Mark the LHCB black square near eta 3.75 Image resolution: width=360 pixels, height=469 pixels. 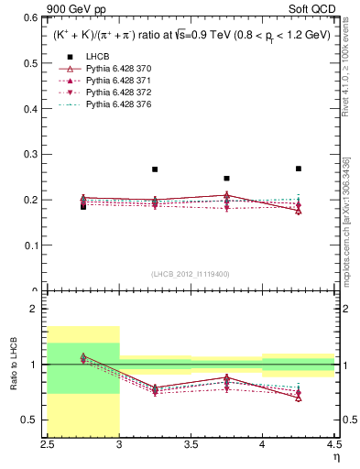pyautogui.click(x=227, y=179)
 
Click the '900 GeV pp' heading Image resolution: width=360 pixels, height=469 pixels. pyautogui.click(x=71, y=7)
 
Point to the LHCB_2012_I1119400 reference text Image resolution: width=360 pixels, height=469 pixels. pyautogui.click(x=191, y=275)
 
